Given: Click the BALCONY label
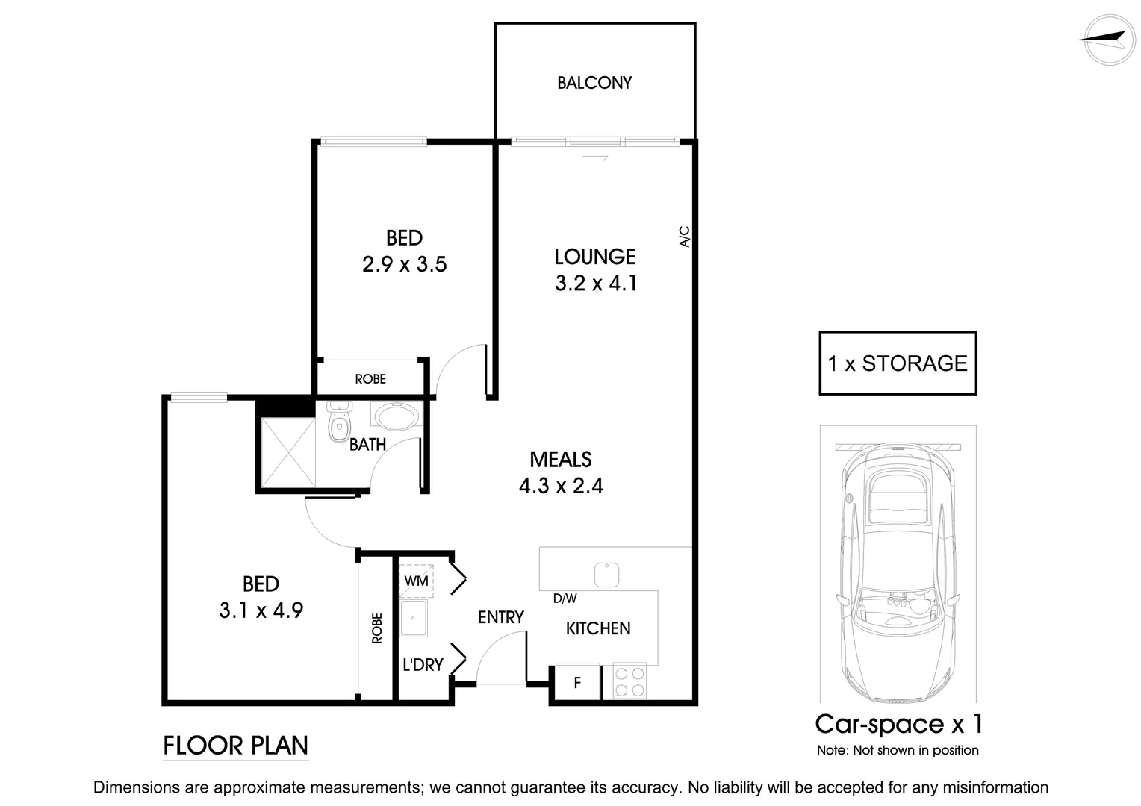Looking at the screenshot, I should pyautogui.click(x=594, y=83).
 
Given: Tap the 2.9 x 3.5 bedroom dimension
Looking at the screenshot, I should pyautogui.click(x=404, y=265).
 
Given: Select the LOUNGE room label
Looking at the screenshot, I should pyautogui.click(x=594, y=257).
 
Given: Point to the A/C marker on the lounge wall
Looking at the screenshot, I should pyautogui.click(x=685, y=237).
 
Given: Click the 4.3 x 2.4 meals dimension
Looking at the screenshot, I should pyautogui.click(x=560, y=487).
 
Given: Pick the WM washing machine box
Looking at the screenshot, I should pyautogui.click(x=416, y=580).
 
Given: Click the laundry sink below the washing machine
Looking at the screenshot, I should pyautogui.click(x=413, y=619).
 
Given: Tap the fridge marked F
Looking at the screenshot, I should pyautogui.click(x=577, y=682).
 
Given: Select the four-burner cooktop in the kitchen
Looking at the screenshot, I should pyautogui.click(x=629, y=681).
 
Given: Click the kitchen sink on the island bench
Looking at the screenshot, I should pyautogui.click(x=606, y=575).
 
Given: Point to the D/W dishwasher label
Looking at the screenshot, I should pyautogui.click(x=565, y=599).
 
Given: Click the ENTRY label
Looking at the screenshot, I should pyautogui.click(x=500, y=617).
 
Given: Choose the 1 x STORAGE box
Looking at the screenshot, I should pyautogui.click(x=898, y=363).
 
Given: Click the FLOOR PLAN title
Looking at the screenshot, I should pyautogui.click(x=235, y=746).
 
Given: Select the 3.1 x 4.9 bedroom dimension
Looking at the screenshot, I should pyautogui.click(x=261, y=611).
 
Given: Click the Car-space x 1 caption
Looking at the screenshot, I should pyautogui.click(x=898, y=724).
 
